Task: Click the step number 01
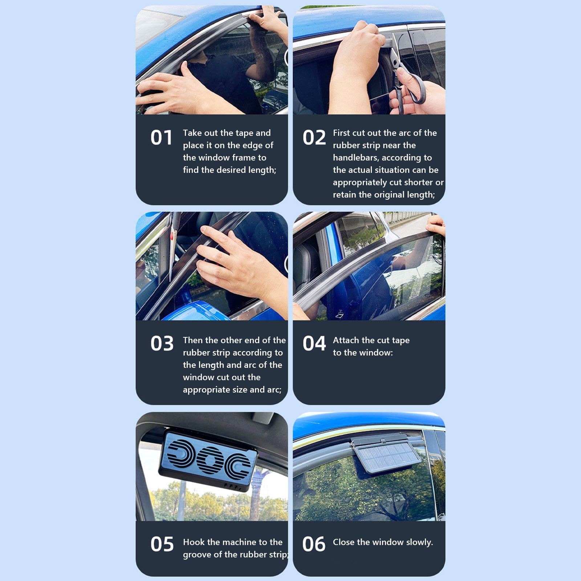[x=161, y=138]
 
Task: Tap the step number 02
[x=314, y=138]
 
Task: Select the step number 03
[x=162, y=344]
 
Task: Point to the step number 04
[x=314, y=344]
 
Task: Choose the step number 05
[x=162, y=544]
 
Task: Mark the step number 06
[x=314, y=544]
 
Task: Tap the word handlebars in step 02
[x=355, y=158]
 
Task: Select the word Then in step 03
[x=193, y=340]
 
